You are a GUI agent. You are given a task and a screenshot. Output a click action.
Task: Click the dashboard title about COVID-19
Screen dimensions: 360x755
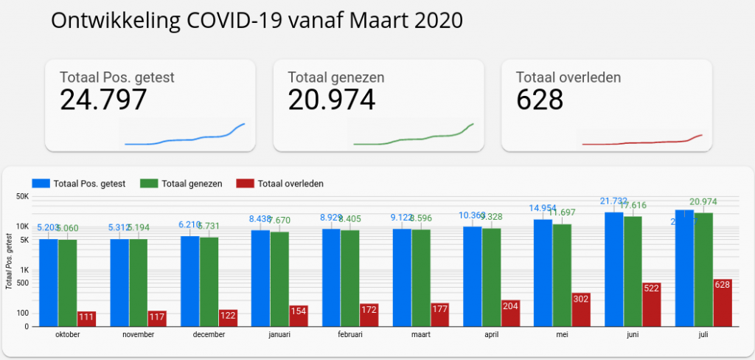[257, 20]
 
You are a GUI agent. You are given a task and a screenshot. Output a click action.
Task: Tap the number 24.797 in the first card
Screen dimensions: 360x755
[103, 99]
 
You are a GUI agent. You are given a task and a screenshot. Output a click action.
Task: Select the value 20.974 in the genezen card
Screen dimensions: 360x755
[331, 99]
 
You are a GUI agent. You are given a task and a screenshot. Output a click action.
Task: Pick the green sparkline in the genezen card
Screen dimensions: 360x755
[413, 138]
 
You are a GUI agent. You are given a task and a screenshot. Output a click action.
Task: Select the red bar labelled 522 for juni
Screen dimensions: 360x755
[652, 304]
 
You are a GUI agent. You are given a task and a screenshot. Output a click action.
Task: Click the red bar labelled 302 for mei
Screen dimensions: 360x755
[581, 309]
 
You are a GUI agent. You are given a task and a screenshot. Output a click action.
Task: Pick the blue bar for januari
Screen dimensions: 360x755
[260, 278]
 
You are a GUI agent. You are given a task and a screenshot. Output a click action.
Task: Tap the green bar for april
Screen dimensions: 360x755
[491, 277]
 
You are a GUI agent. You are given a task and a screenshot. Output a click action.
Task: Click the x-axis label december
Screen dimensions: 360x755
[209, 335]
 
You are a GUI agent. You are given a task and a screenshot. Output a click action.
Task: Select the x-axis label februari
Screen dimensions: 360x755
[350, 335]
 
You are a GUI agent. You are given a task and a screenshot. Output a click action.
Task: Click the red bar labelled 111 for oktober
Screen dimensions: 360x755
[87, 318]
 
